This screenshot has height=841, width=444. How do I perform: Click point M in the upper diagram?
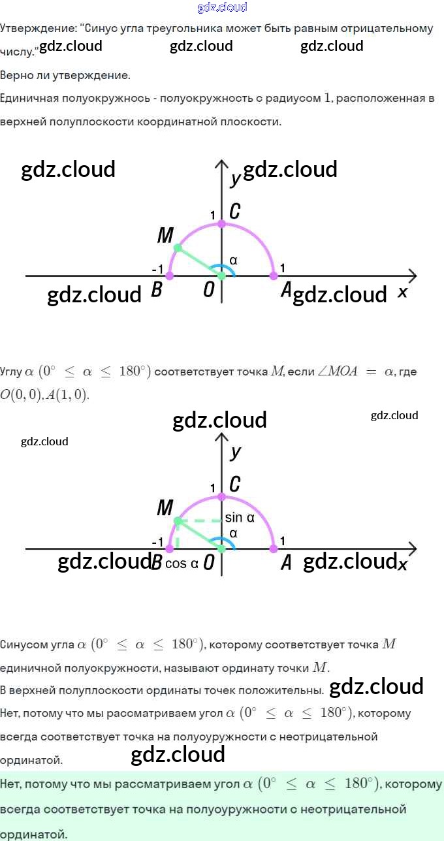[x=177, y=248]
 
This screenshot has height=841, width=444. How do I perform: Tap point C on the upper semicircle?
[x=221, y=224]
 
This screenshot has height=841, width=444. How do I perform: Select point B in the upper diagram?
[x=170, y=276]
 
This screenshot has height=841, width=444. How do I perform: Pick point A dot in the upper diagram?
[x=274, y=276]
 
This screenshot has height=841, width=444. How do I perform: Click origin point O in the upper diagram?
[x=221, y=276]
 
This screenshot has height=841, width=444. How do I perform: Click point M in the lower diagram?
[x=177, y=520]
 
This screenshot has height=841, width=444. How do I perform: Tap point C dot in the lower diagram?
[x=221, y=496]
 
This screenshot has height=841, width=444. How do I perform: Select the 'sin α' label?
[x=239, y=518]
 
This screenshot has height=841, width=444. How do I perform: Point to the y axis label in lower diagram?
[x=236, y=452]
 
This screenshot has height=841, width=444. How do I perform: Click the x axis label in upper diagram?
[x=402, y=293]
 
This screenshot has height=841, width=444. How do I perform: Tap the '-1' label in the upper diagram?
[x=157, y=269]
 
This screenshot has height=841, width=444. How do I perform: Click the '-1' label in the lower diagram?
[x=157, y=542]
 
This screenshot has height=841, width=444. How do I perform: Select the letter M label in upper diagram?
[x=165, y=236]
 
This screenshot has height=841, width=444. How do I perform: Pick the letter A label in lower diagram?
[x=286, y=563]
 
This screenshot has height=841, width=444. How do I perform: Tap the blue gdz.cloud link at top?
[x=222, y=8]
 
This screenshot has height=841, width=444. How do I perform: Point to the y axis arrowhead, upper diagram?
[x=221, y=164]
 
